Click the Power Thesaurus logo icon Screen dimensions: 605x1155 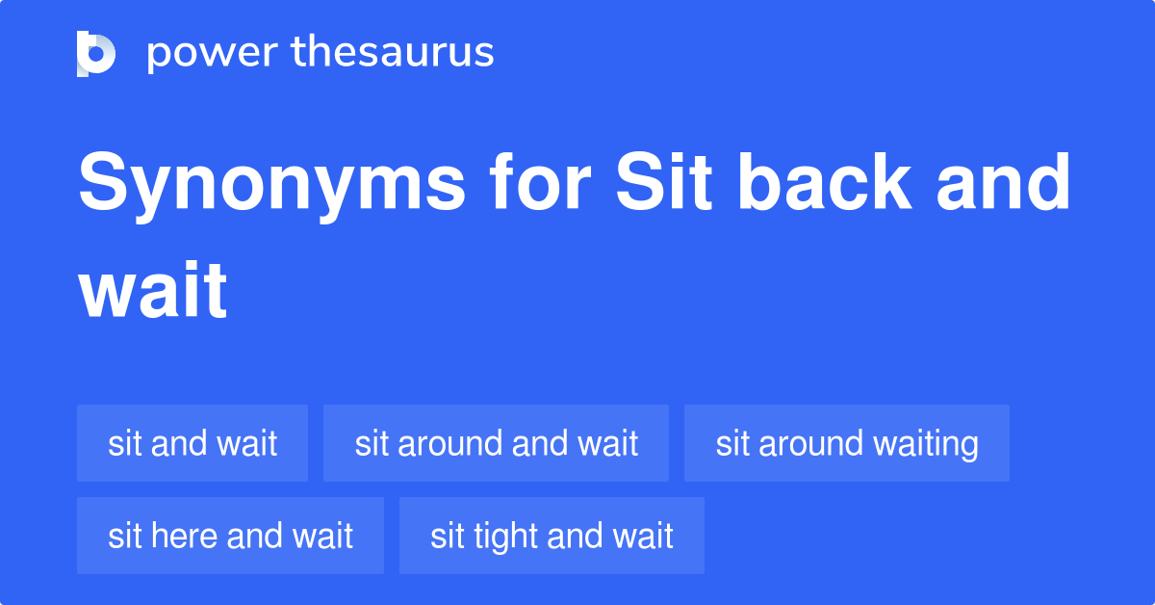click(x=95, y=53)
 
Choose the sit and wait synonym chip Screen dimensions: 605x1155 click(x=192, y=443)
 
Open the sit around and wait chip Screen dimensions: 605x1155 click(x=496, y=443)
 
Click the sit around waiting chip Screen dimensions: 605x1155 click(x=846, y=443)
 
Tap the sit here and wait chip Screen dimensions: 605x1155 click(x=230, y=536)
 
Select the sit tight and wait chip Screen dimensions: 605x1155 click(x=552, y=536)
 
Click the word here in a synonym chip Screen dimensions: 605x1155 click(x=173, y=536)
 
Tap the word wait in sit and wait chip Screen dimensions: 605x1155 click(x=247, y=443)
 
